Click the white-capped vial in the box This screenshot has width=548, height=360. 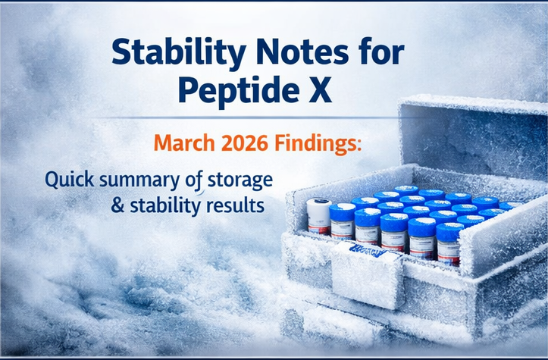coord(318,215)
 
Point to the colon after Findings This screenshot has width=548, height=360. coord(361,144)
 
